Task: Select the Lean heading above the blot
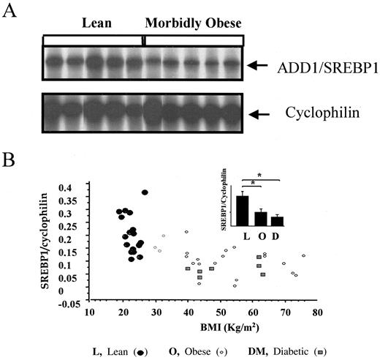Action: point(96,23)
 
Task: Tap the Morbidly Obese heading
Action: point(192,23)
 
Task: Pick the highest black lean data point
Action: point(145,192)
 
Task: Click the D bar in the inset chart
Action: point(277,220)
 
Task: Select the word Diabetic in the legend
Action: point(288,351)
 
